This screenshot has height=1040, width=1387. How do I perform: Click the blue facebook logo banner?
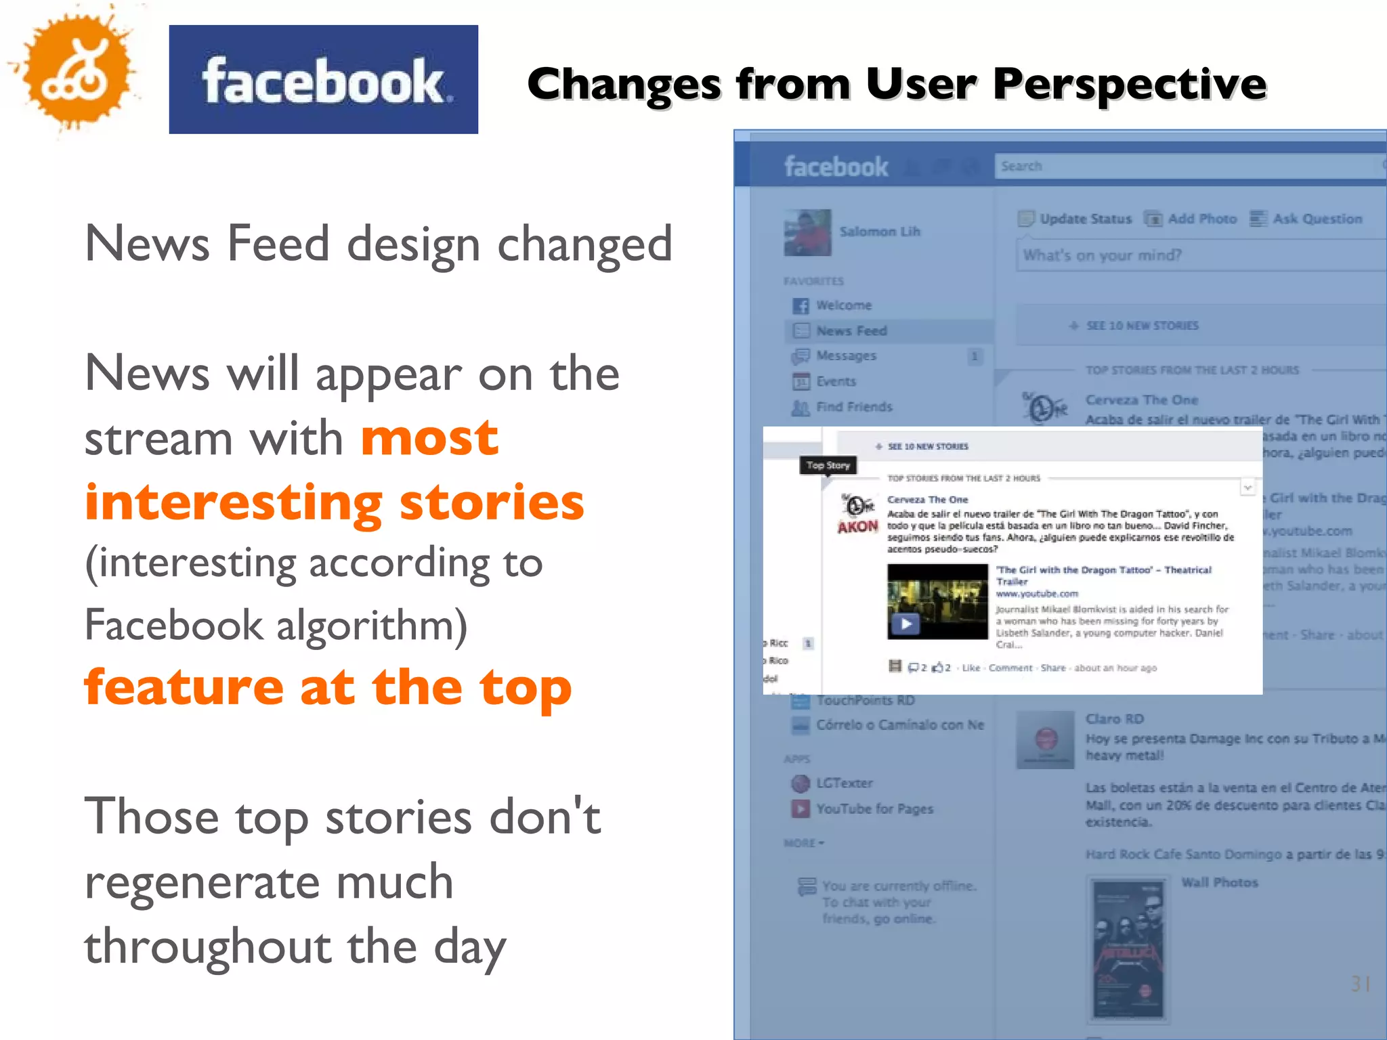[x=323, y=80]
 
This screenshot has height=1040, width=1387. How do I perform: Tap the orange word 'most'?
[x=429, y=438]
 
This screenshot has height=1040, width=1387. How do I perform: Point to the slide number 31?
[x=1361, y=984]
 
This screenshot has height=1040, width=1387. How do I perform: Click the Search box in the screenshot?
[x=1185, y=167]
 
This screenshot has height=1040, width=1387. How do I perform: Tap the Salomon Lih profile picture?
[x=807, y=232]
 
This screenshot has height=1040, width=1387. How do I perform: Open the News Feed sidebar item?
[x=851, y=331]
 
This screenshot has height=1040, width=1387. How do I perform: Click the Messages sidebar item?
[x=845, y=356]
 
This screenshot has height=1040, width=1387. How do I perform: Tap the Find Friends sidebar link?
[x=853, y=407]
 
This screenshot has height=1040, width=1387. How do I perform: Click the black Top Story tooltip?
[x=828, y=466]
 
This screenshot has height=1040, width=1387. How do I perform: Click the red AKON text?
[x=857, y=527]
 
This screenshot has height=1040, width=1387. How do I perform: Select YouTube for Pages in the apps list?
[x=874, y=809]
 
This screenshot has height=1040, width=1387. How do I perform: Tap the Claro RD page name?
[x=1114, y=719]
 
